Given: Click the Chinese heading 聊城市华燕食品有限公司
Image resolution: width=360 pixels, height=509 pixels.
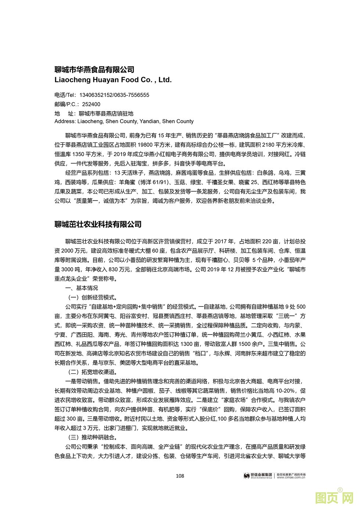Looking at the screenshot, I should pyautogui.click(x=94, y=69).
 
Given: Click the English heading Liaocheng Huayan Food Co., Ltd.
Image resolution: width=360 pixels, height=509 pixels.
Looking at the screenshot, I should pyautogui.click(x=113, y=80).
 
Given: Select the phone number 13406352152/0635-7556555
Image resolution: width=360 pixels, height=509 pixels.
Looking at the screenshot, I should pyautogui.click(x=114, y=95).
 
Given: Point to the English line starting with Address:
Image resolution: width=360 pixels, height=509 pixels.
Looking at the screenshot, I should pyautogui.click(x=124, y=122).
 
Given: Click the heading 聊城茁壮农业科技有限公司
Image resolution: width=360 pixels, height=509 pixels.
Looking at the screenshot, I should pyautogui.click(x=98, y=224).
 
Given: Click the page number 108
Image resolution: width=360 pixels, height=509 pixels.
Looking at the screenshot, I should pyautogui.click(x=180, y=476).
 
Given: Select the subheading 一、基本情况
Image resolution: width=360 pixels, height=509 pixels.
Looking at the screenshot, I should pyautogui.click(x=82, y=288).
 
